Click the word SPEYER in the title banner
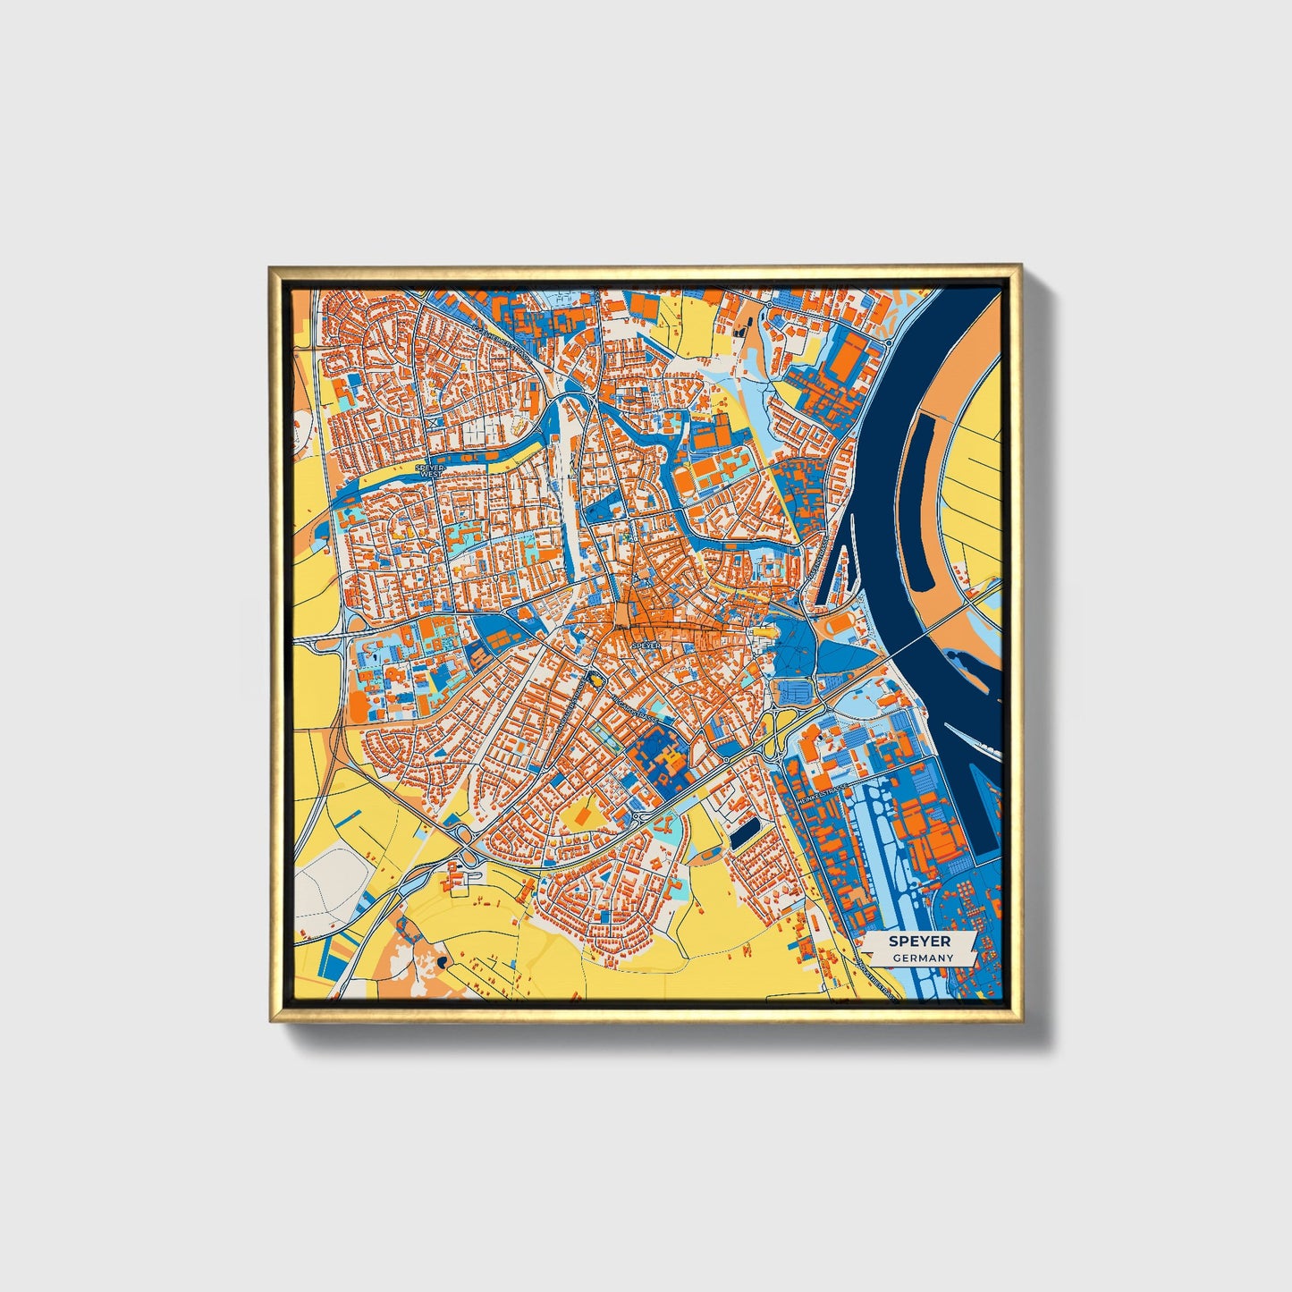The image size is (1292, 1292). coord(920,942)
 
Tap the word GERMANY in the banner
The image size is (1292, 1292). coord(922,958)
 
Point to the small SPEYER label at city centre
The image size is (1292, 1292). coord(645,645)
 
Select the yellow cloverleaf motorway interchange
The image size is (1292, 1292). coord(464,855)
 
